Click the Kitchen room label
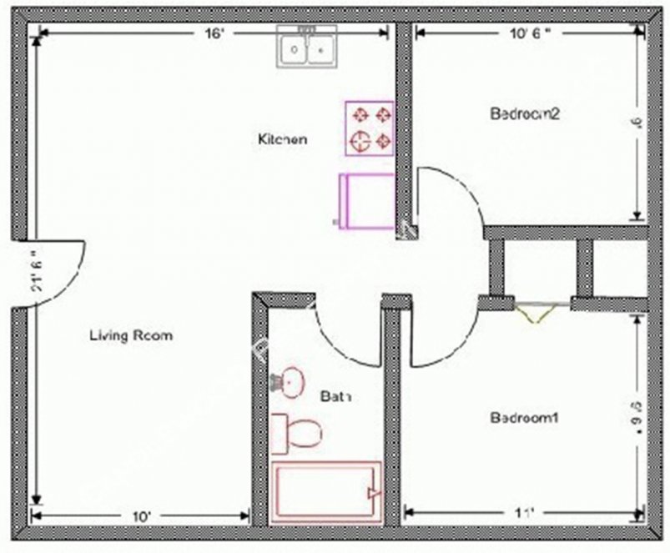281,139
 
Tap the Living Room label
131,336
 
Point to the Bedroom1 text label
523,418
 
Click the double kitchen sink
307,48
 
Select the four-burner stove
370,128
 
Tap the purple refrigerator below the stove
365,200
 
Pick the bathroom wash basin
289,382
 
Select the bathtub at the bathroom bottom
326,492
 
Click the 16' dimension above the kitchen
215,33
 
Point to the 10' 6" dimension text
531,33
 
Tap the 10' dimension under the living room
141,516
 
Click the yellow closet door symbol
536,312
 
